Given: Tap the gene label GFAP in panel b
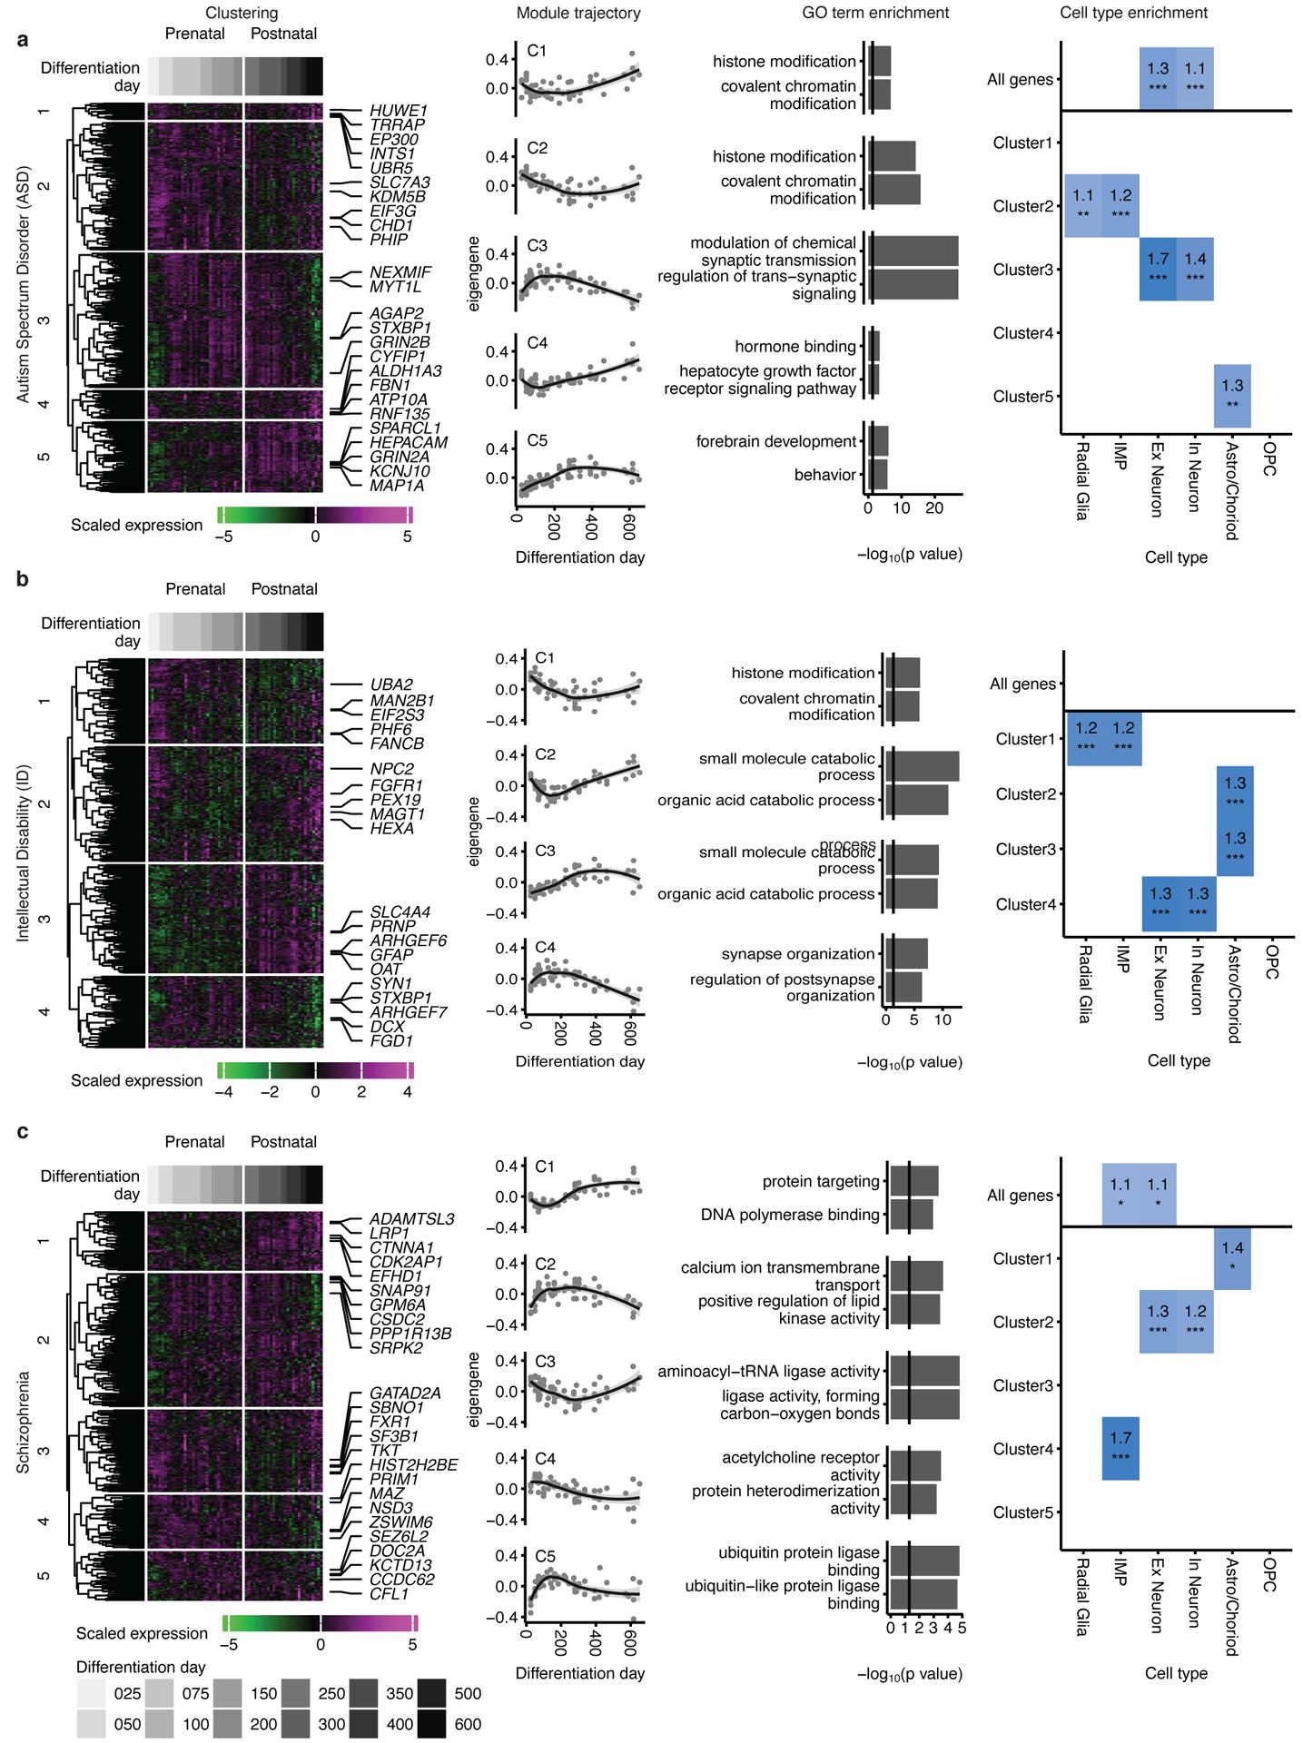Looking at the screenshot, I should tap(391, 955).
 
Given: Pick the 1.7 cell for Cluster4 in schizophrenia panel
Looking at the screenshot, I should tap(1120, 1449).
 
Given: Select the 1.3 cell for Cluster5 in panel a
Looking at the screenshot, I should tap(1232, 396).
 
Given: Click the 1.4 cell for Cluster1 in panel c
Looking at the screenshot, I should tap(1232, 1258).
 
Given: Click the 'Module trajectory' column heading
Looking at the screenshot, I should tap(577, 13).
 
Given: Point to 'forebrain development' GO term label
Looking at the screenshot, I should tap(775, 442).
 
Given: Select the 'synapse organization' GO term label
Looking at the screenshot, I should tap(798, 954).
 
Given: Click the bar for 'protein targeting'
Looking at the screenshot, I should tap(913, 1182).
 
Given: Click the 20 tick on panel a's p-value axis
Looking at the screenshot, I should tap(933, 508).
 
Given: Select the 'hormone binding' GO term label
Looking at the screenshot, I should tap(795, 347).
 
